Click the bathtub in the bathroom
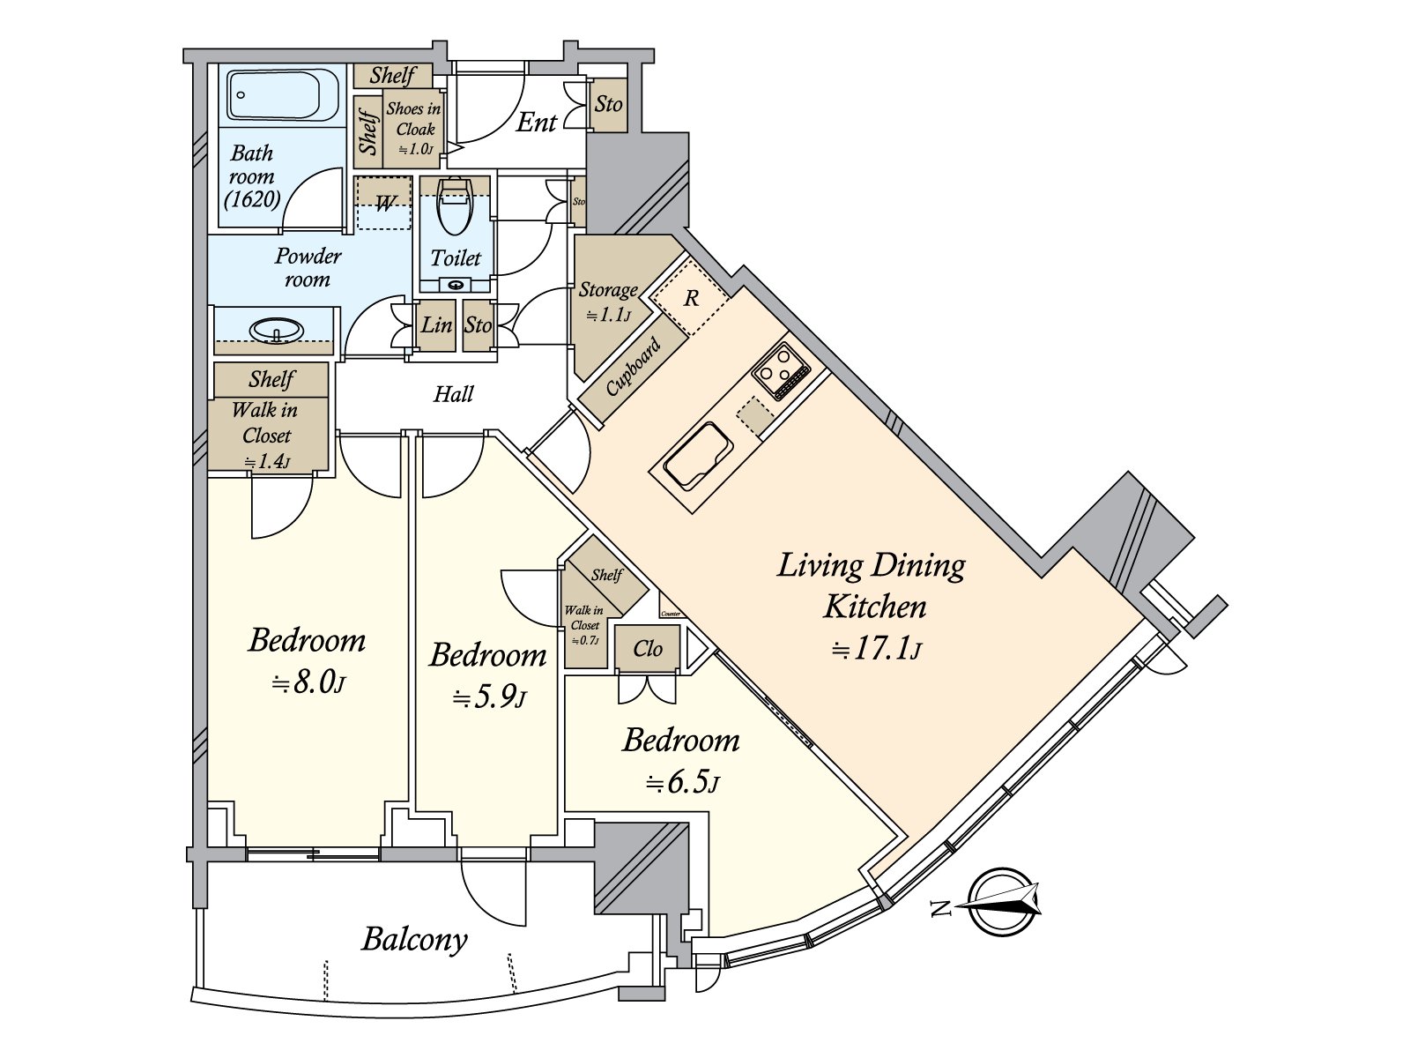282,95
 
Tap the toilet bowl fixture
455,208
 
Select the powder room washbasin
277,332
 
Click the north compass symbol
1005,902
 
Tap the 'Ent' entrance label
536,123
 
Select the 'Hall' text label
453,394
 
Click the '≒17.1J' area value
876,651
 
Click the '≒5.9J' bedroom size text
489,698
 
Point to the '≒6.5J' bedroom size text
682,782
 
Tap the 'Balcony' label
414,939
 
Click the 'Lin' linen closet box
436,325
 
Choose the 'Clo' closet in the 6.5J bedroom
648,650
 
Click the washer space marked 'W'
384,205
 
